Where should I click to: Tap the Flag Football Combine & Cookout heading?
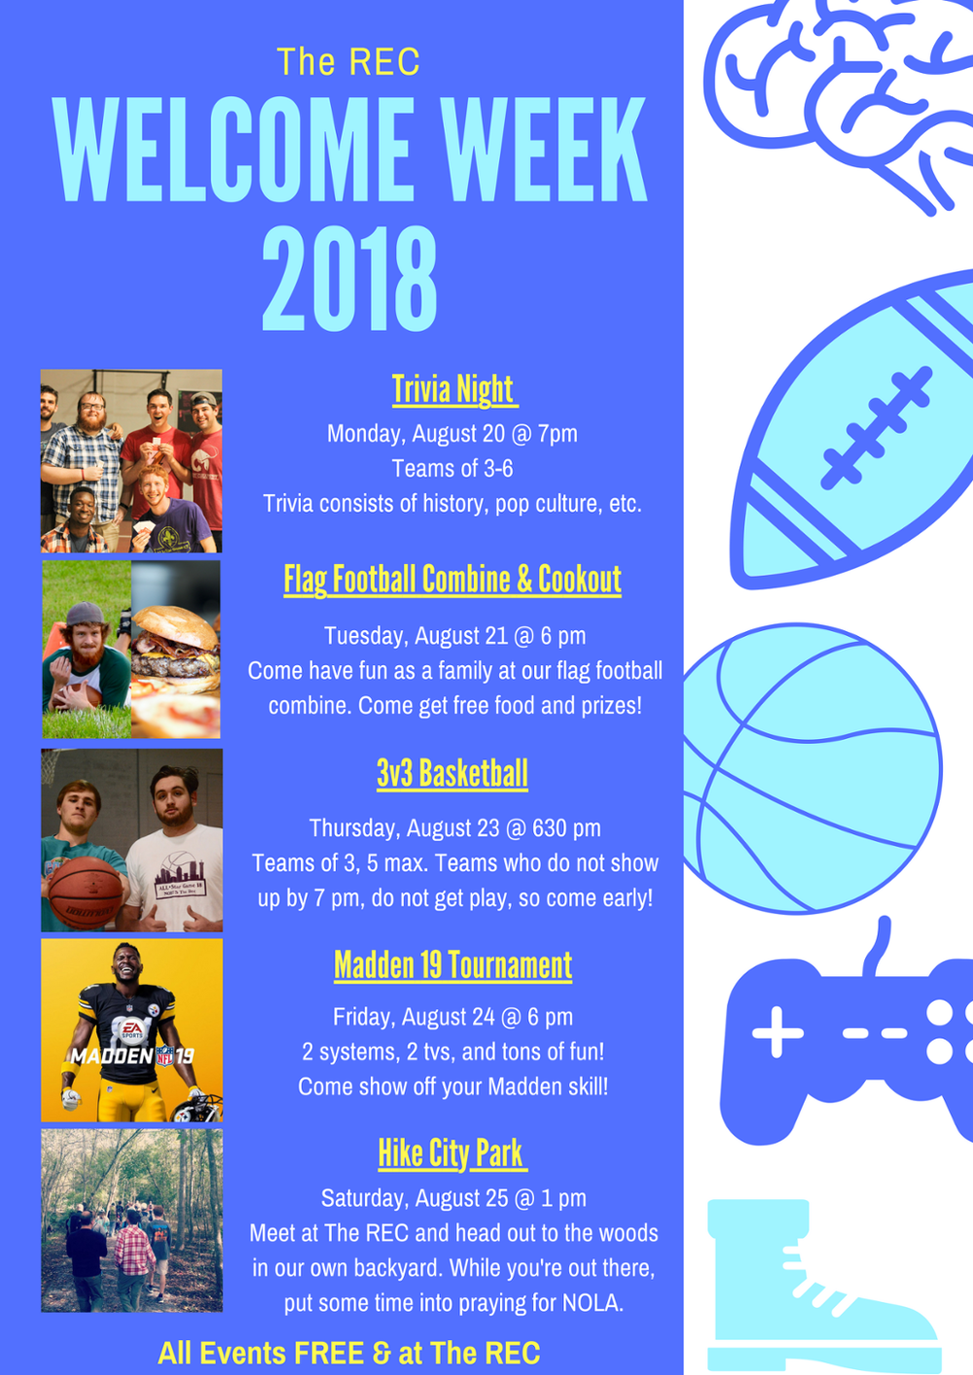click(452, 580)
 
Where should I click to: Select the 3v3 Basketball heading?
click(452, 773)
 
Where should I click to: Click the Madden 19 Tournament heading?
click(452, 965)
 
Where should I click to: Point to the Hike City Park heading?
click(451, 1153)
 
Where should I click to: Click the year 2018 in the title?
click(350, 279)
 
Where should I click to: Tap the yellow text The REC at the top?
click(348, 61)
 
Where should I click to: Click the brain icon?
click(839, 104)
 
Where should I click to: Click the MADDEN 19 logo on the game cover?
click(132, 1056)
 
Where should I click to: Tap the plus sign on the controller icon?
click(777, 1033)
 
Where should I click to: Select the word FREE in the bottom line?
click(329, 1354)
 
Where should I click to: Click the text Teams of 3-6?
click(452, 469)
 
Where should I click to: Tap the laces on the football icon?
click(878, 428)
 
